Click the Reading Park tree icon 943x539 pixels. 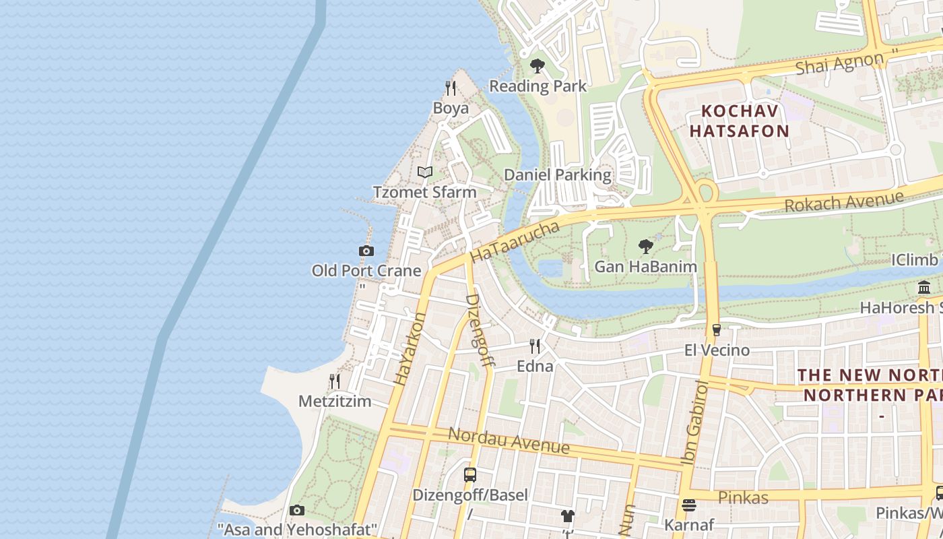[x=537, y=66]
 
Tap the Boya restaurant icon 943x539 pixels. [x=451, y=88]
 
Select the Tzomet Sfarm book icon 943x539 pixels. [x=424, y=172]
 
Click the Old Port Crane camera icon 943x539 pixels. [x=366, y=251]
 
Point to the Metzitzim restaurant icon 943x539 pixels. [x=335, y=381]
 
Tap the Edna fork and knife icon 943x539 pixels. [x=535, y=346]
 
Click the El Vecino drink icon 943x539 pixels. [x=717, y=330]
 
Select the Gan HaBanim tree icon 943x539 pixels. [x=645, y=247]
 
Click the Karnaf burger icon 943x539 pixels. [x=688, y=505]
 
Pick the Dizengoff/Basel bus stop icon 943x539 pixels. [x=470, y=475]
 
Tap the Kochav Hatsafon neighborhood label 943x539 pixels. [x=740, y=121]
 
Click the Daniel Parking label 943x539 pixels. [x=558, y=175]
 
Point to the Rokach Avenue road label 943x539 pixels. [x=844, y=201]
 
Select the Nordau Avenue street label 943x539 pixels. [x=509, y=441]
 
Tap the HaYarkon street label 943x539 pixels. [x=410, y=349]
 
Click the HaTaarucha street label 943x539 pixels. [x=515, y=241]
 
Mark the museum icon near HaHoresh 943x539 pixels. [x=924, y=288]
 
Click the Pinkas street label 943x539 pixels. [x=743, y=498]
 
